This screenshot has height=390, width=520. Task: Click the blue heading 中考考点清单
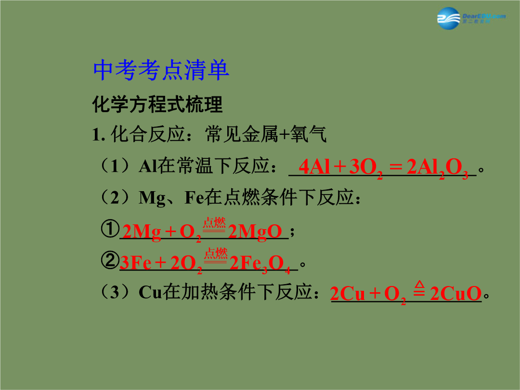[161, 70]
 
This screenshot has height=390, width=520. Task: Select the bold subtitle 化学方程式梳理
[157, 104]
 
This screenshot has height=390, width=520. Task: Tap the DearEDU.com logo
[471, 18]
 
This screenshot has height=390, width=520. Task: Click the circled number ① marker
[110, 229]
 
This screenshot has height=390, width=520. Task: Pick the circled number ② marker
[110, 260]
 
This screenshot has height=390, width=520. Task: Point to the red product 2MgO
[255, 232]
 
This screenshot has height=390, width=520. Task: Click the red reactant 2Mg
[142, 232]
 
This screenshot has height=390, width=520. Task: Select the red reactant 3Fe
[136, 263]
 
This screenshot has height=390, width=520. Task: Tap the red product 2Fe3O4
[260, 264]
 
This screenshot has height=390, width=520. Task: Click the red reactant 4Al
[314, 167]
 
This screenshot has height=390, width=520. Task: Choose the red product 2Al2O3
[437, 168]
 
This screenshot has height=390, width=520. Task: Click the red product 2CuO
[455, 294]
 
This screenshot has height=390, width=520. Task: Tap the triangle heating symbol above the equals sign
[419, 285]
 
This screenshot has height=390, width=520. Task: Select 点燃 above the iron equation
[216, 254]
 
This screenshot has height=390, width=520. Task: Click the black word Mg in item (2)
[152, 198]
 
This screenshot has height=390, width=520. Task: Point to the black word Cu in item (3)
[150, 292]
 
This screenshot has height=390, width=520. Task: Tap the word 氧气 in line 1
[309, 134]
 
